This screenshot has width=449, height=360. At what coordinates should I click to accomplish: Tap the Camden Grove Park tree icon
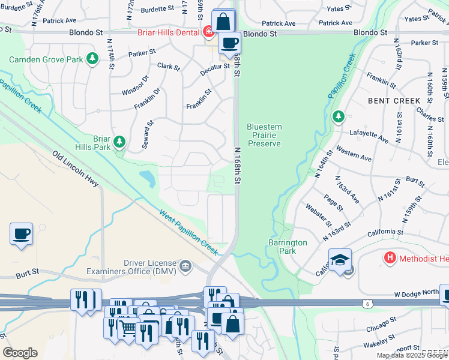pos(92,58)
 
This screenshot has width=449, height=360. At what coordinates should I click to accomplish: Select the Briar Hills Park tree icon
pos(120,142)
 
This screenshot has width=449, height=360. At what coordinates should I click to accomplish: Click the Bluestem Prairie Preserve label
pos(264,135)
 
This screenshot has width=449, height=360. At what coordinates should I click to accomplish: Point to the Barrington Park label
pos(288,247)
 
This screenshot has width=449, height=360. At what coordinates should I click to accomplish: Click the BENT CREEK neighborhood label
pos(394,101)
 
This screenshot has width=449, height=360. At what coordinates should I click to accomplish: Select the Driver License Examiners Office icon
pos(185,266)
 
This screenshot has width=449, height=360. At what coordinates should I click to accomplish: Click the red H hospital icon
pos(390,258)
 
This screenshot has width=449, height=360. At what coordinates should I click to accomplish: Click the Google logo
pos(20,353)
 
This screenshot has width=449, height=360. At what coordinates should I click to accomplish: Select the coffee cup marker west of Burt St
pos(22,233)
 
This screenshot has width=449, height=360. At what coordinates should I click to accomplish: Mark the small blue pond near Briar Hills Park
pos(146,178)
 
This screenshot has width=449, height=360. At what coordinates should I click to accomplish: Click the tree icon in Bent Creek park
pos(338,116)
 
